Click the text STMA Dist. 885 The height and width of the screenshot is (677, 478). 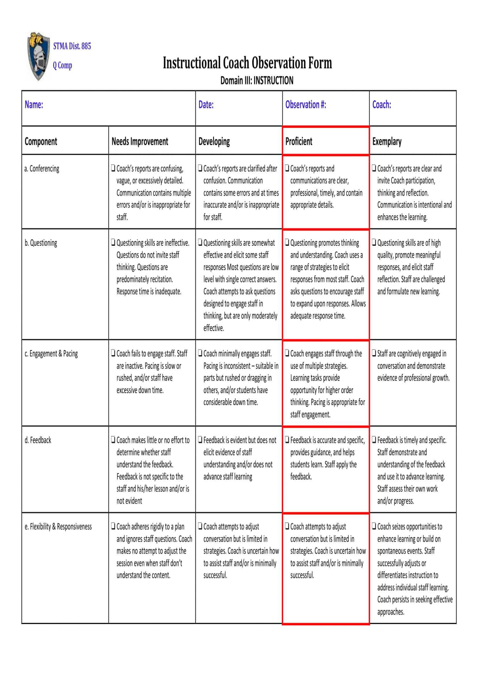point(72,46)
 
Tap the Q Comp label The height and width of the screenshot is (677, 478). point(62,65)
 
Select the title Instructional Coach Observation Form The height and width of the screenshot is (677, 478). point(248,63)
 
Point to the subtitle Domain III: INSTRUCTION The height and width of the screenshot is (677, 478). point(257,80)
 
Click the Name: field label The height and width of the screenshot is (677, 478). point(34,105)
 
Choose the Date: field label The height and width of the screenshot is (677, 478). point(206,105)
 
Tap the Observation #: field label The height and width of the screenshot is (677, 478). point(306,105)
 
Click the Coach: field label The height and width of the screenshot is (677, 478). point(382,105)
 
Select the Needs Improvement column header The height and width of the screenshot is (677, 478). point(140,142)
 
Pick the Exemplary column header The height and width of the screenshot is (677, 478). point(387,142)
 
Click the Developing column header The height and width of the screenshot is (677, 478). point(214,142)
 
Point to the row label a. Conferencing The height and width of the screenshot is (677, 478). point(42,169)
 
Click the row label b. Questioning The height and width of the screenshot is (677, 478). point(41,243)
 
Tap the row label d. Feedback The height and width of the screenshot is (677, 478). point(38,440)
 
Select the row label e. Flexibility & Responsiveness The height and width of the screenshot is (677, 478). point(58,526)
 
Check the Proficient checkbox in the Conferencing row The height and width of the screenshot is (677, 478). point(287,168)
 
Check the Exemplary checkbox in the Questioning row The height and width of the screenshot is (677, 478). point(374,242)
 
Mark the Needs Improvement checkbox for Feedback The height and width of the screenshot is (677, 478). point(113,440)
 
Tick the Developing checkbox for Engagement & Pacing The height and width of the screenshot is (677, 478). point(200,353)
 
